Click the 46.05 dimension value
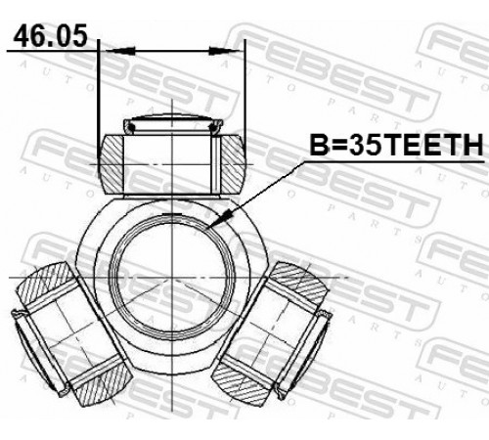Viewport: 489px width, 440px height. pos(51,36)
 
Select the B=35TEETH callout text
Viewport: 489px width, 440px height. pos(396,145)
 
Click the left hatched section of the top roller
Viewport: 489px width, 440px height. pos(111,164)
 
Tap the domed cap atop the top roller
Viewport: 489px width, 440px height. pos(173,122)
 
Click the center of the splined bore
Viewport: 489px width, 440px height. pos(172,278)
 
